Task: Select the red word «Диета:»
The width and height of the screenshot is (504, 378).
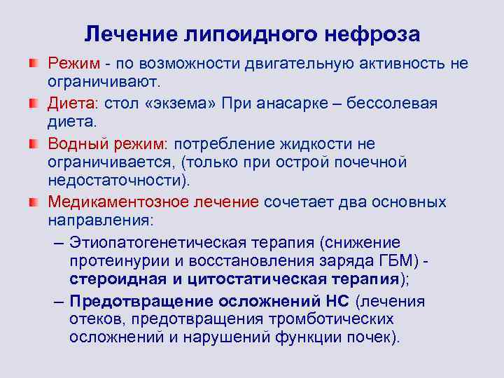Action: point(73,104)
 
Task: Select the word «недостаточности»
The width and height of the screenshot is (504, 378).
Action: point(115,181)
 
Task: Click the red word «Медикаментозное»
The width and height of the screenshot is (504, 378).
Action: point(113,202)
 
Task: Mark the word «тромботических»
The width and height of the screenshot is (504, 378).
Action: point(339,319)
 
